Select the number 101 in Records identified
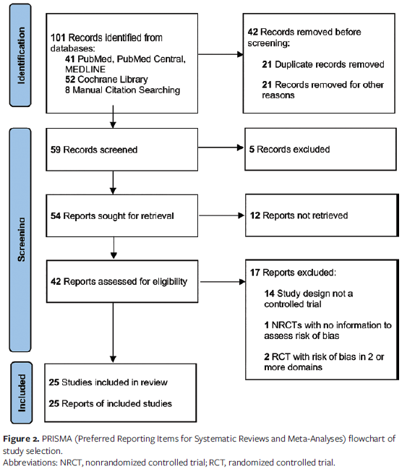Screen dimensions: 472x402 [x=59, y=37]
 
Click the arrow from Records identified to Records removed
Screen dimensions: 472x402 [x=220, y=54]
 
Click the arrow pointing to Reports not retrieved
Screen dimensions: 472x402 [x=220, y=215]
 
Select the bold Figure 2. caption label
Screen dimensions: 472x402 [x=22, y=439]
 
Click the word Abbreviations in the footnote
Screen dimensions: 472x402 [x=30, y=462]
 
